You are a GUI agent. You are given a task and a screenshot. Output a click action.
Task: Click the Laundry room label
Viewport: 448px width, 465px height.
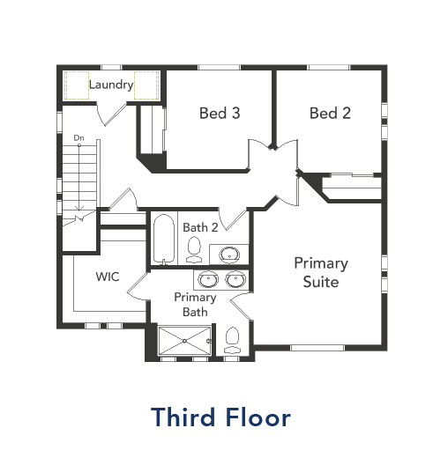click(x=111, y=85)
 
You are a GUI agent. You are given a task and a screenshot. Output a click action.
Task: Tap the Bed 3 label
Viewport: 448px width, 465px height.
click(x=220, y=113)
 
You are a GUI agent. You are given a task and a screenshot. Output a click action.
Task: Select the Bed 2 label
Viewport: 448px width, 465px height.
click(x=331, y=113)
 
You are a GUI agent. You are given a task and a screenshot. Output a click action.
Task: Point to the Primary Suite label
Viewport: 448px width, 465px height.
click(x=321, y=272)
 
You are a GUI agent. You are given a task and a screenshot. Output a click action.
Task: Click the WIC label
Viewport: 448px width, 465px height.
click(x=108, y=277)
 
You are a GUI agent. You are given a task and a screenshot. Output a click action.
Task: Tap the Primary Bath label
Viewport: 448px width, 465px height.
click(x=195, y=305)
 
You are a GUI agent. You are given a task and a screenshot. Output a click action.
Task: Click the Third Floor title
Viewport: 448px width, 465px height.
click(x=220, y=417)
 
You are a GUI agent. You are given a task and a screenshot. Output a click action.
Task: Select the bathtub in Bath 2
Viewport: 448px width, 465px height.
click(x=164, y=239)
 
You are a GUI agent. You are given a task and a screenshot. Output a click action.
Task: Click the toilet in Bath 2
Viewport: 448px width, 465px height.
click(x=196, y=250)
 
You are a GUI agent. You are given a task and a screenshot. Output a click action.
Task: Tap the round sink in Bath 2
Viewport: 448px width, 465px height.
click(x=229, y=255)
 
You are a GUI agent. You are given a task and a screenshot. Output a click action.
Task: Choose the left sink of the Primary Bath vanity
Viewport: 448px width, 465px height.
click(x=209, y=280)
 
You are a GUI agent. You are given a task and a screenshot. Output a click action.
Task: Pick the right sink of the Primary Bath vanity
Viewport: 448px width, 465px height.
click(x=235, y=280)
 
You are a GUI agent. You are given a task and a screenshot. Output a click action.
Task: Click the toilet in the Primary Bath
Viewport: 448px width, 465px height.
click(x=232, y=338)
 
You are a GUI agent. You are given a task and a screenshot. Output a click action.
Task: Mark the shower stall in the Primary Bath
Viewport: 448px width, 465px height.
click(x=184, y=342)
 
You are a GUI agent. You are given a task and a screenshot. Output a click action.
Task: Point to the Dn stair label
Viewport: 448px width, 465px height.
click(x=78, y=138)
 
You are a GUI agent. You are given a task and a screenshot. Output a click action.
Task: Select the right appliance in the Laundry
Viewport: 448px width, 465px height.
click(x=146, y=85)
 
